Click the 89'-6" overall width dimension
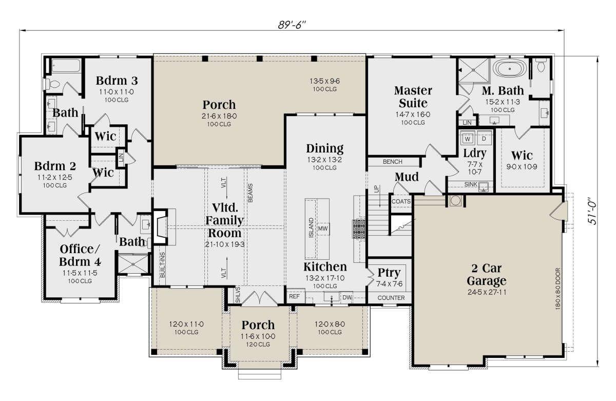pyautogui.click(x=292, y=25)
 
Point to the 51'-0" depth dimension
pyautogui.click(x=592, y=211)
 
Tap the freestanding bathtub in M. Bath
pyautogui.click(x=510, y=69)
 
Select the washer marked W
pyautogui.click(x=468, y=139)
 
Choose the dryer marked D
pyautogui.click(x=484, y=139)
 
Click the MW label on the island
pyautogui.click(x=323, y=228)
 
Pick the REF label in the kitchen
pyautogui.click(x=294, y=296)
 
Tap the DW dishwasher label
pyautogui.click(x=347, y=297)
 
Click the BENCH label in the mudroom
pyautogui.click(x=392, y=162)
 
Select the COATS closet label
pyautogui.click(x=401, y=201)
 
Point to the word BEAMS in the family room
pyautogui.click(x=251, y=193)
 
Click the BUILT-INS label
pyautogui.click(x=163, y=265)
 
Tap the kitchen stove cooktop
pyautogui.click(x=359, y=229)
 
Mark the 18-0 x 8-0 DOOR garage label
pyautogui.click(x=558, y=289)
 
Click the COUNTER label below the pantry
pyautogui.click(x=391, y=298)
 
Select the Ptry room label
pyautogui.click(x=389, y=273)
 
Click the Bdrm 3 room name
pyautogui.click(x=117, y=81)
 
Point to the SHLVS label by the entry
pyautogui.click(x=238, y=295)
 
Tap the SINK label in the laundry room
pyautogui.click(x=471, y=184)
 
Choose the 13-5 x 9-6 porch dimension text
pyautogui.click(x=325, y=81)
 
